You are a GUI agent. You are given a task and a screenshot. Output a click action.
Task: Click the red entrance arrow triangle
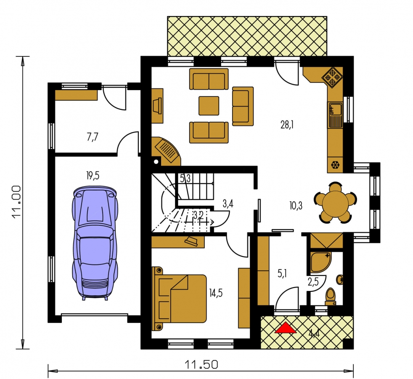[x=286, y=328]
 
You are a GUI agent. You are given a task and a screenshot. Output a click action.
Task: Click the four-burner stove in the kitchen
[x=332, y=77]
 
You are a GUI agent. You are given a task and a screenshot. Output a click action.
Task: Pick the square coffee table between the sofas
[x=209, y=106]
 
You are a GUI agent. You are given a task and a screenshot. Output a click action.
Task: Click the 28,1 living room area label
[x=287, y=125]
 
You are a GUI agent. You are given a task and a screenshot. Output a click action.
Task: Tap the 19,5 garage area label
[x=93, y=175]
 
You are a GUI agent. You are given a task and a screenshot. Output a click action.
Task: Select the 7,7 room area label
[x=92, y=137]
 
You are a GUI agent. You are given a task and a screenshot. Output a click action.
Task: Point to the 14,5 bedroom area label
[x=216, y=293]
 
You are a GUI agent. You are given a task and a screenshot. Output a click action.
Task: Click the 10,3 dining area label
[x=296, y=206]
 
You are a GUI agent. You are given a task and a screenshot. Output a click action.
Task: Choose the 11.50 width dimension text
[x=201, y=365]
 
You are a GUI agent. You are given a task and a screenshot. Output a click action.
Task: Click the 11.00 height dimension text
[x=16, y=202]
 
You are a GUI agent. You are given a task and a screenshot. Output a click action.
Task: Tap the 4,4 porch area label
[x=314, y=334]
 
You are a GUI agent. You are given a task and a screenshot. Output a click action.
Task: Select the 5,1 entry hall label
[x=282, y=274]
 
